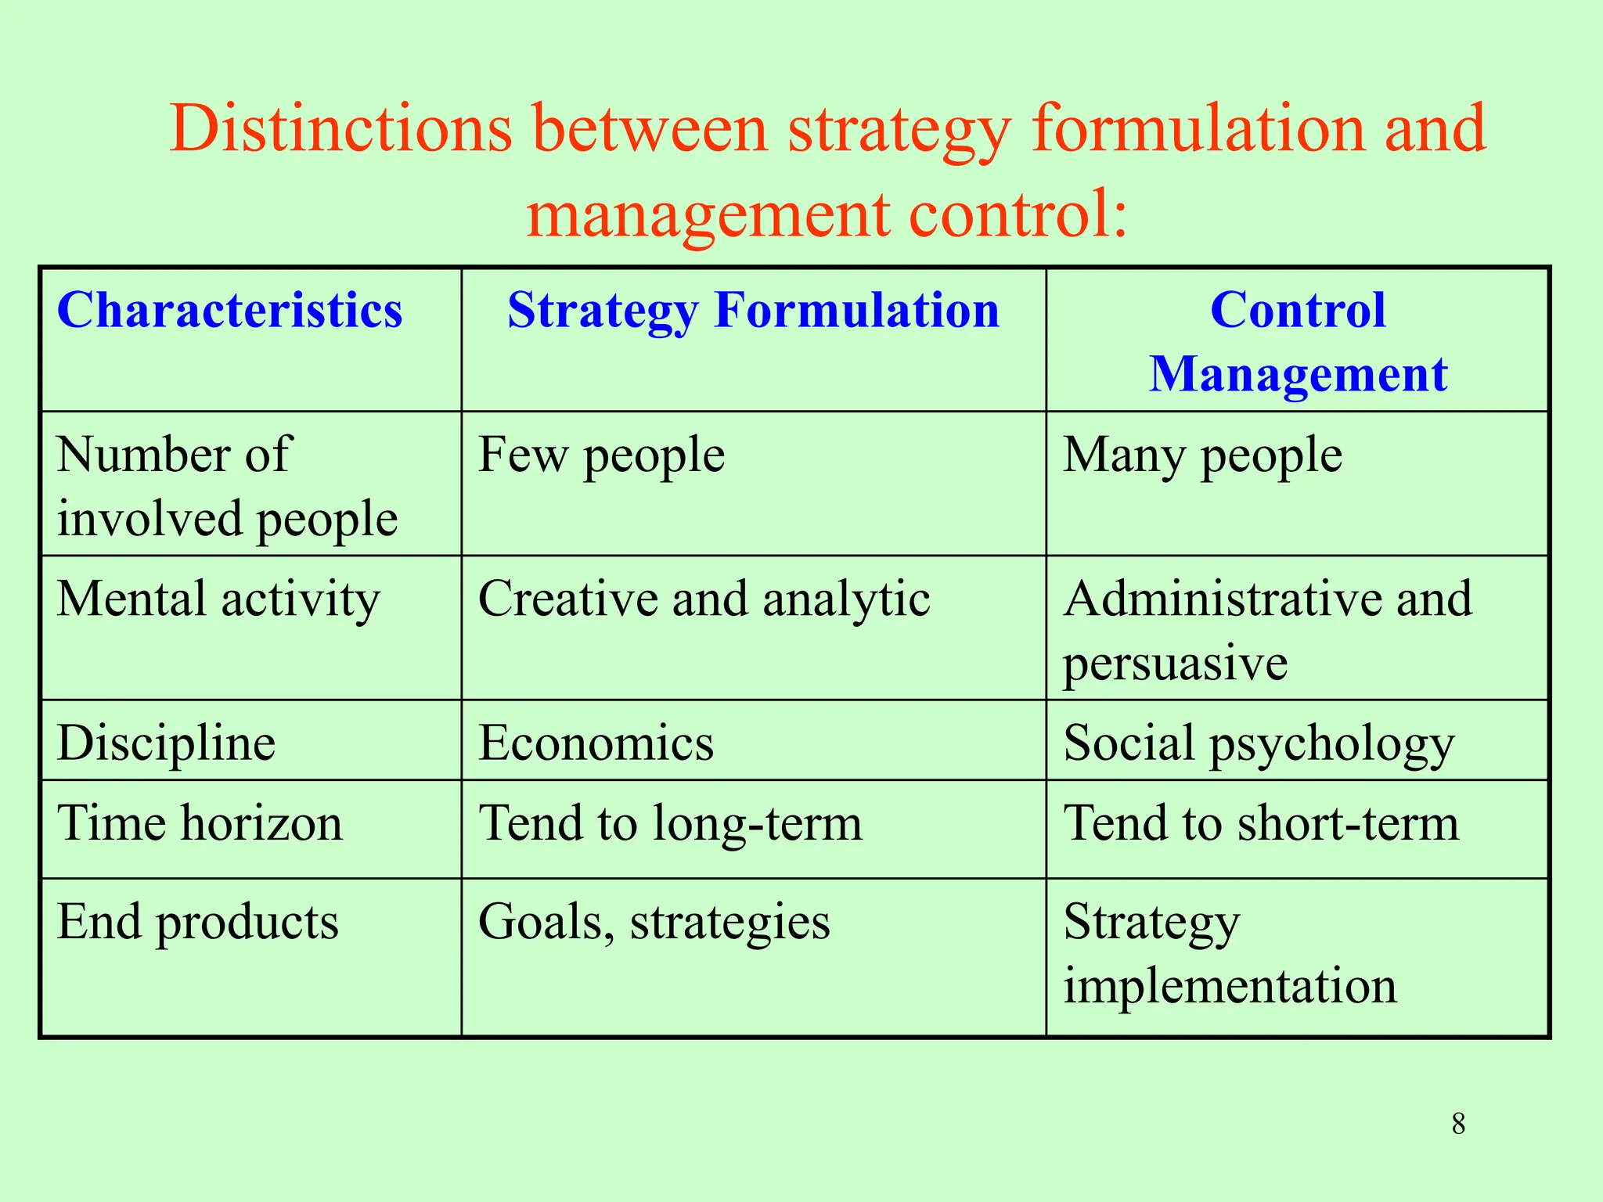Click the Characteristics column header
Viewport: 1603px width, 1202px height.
pos(229,310)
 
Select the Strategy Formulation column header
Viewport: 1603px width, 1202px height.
pos(753,310)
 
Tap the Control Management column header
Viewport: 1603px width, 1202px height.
pos(1298,341)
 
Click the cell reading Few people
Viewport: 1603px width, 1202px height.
pos(601,455)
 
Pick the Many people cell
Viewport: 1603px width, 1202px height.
pos(1202,455)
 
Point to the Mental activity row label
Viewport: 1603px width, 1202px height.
pos(218,599)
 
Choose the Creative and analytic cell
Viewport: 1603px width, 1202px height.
pos(704,599)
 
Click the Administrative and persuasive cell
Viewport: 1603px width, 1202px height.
pos(1267,630)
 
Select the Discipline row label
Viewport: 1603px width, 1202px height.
pos(166,743)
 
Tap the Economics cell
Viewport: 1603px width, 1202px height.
pos(596,743)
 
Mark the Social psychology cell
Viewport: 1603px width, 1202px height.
pos(1259,743)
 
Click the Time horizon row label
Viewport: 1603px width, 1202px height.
pos(200,823)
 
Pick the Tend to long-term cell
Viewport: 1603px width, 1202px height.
pos(670,823)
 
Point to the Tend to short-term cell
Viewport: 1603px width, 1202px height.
pos(1261,823)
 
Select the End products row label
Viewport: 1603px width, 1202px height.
pos(198,922)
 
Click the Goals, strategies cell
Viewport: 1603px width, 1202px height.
pos(654,922)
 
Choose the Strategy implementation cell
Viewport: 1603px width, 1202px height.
pos(1229,953)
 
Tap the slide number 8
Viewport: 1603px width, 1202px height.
pos(1458,1124)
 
